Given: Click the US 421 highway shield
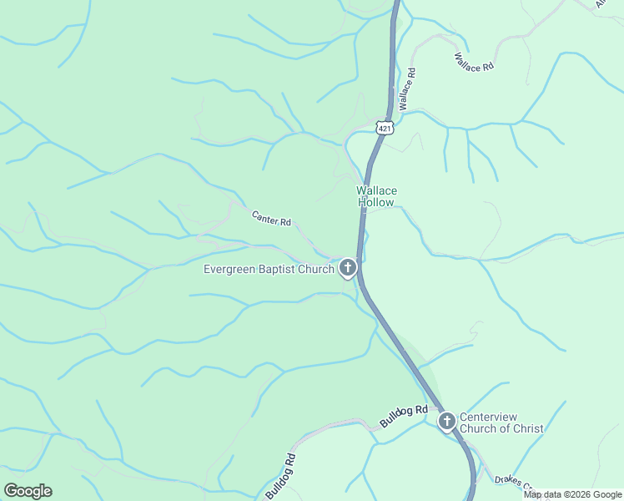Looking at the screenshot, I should tap(384, 127).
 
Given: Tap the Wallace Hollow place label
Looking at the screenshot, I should tap(376, 196).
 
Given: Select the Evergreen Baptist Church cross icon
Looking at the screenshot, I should tap(348, 268).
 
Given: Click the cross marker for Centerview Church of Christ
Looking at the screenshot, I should tap(447, 421).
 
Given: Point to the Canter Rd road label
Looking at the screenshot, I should tap(271, 219).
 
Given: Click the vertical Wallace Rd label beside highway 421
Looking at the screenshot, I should tap(407, 90).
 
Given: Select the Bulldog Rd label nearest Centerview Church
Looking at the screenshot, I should tap(405, 415).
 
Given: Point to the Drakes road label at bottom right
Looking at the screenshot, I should tap(511, 482).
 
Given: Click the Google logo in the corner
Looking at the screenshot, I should tap(28, 491).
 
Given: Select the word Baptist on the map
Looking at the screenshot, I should tap(278, 269).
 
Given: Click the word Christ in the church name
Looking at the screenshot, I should tap(527, 429).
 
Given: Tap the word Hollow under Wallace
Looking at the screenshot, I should tap(377, 203).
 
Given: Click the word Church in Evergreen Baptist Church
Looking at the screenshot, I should tap(316, 269).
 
